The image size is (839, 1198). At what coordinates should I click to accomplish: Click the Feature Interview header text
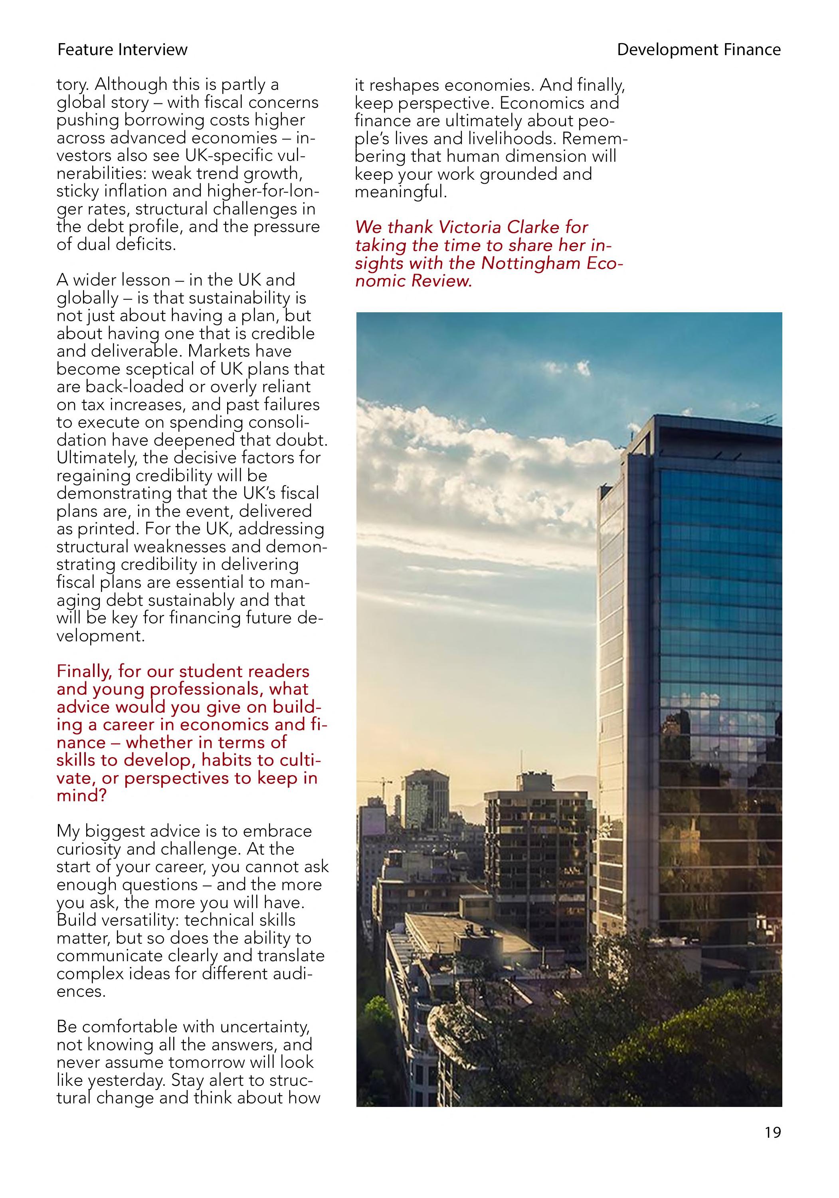pyautogui.click(x=122, y=50)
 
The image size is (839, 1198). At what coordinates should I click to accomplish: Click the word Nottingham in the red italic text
pyautogui.click(x=530, y=263)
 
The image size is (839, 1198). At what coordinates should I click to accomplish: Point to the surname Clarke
pyautogui.click(x=532, y=228)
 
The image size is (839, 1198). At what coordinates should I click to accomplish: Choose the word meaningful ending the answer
pyautogui.click(x=400, y=192)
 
